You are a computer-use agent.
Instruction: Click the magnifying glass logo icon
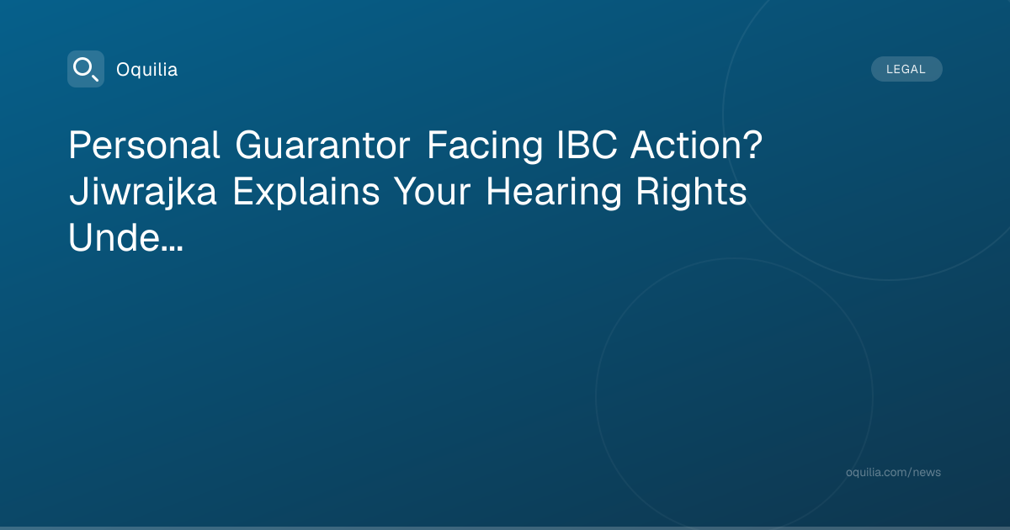[86, 69]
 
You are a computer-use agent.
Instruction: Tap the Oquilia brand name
[147, 70]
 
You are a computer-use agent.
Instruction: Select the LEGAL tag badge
[906, 69]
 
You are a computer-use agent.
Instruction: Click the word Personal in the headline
[144, 146]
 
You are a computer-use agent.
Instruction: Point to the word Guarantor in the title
[322, 146]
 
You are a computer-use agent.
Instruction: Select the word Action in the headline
[687, 146]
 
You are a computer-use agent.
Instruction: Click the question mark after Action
[754, 146]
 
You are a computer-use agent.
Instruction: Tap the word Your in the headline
[432, 192]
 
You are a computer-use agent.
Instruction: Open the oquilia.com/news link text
[893, 472]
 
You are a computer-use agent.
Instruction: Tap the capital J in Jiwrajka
[77, 192]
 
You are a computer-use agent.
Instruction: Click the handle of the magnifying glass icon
[94, 77]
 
